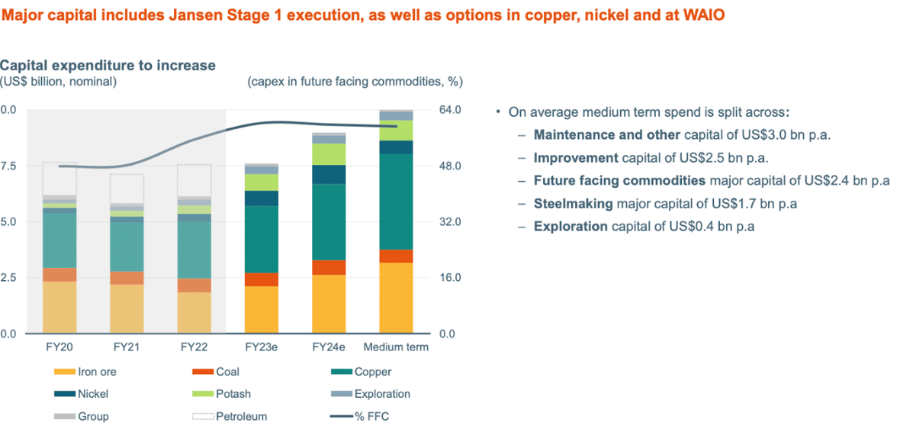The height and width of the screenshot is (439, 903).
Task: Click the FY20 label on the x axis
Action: (x=58, y=347)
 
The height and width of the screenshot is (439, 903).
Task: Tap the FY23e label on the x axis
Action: (x=260, y=347)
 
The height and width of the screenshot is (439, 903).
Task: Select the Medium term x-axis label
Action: (x=396, y=347)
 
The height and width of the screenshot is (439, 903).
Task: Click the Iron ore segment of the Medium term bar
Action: (x=396, y=298)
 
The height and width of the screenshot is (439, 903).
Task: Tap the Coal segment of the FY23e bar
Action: (x=260, y=279)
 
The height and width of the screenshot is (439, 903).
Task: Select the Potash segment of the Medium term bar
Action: (x=396, y=130)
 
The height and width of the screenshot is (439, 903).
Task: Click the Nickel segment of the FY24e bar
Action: (x=328, y=174)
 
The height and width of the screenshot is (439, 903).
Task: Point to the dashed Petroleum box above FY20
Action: (x=58, y=178)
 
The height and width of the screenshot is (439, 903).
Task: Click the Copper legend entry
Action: (x=372, y=373)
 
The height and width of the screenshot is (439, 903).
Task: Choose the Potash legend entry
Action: (x=235, y=395)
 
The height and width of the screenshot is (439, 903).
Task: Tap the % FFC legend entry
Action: (x=372, y=417)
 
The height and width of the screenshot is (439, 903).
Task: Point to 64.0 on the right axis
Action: (x=451, y=110)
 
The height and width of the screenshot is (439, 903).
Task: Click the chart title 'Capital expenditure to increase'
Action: (x=108, y=66)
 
